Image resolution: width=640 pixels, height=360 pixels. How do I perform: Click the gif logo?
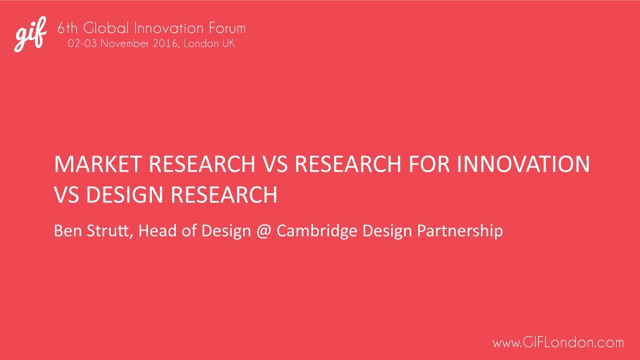pos(30,33)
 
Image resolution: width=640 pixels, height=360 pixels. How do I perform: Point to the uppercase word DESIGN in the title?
pos(125,194)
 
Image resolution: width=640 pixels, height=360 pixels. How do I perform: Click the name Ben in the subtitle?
pos(66,230)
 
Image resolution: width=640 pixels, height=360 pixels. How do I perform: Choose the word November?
pos(125,43)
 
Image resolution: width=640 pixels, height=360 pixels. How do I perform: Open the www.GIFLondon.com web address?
pos(558,343)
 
